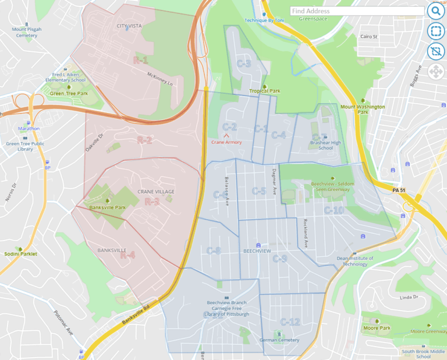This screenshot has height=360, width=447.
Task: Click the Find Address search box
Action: click(x=356, y=11)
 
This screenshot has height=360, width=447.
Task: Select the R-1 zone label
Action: click(x=140, y=61)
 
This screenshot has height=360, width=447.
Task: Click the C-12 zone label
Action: click(x=290, y=322)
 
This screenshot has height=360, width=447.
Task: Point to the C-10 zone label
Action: click(x=334, y=210)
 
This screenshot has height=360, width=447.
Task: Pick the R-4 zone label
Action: click(x=127, y=255)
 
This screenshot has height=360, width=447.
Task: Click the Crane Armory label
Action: click(x=226, y=142)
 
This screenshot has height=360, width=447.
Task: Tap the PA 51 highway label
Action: click(x=399, y=190)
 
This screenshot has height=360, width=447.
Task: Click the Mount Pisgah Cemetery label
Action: click(x=27, y=32)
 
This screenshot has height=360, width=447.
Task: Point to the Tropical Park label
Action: click(x=265, y=91)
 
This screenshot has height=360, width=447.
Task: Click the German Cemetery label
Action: click(x=279, y=340)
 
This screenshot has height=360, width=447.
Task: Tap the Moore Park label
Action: click(x=377, y=328)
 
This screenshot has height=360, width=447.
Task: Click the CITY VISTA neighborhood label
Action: click(x=129, y=26)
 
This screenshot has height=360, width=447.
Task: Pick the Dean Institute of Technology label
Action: click(x=355, y=260)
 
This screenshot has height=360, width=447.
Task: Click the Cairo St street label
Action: click(x=369, y=37)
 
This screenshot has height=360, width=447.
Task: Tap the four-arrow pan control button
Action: click(x=435, y=72)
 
